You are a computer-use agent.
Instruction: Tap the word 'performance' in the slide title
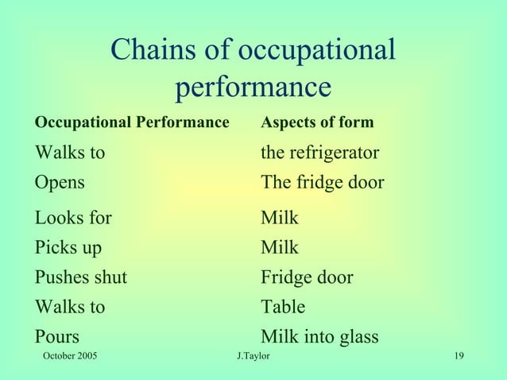pos(253,87)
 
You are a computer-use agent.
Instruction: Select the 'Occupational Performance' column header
pos(131,123)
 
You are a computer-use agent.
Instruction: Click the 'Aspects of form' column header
pos(317,123)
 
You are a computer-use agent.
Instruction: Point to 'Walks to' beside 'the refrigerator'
pos(69,152)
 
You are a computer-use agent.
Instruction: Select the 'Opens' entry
pos(60,182)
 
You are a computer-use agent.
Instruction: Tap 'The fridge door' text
pos(322,182)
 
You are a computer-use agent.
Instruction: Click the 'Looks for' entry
pos(72,217)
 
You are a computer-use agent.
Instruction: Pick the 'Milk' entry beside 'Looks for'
pos(280,217)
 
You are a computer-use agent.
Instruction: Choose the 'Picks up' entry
pos(68,247)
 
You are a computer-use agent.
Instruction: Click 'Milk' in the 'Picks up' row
pos(280,247)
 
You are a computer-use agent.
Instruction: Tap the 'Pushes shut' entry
pos(80,277)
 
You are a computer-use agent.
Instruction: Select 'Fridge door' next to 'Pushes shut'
pos(307,277)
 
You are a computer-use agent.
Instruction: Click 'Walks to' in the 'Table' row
pos(69,306)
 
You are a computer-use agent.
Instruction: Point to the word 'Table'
pos(283,306)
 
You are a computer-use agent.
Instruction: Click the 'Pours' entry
pos(56,336)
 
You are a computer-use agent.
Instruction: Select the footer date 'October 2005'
pos(69,355)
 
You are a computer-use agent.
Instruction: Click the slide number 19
pos(459,355)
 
